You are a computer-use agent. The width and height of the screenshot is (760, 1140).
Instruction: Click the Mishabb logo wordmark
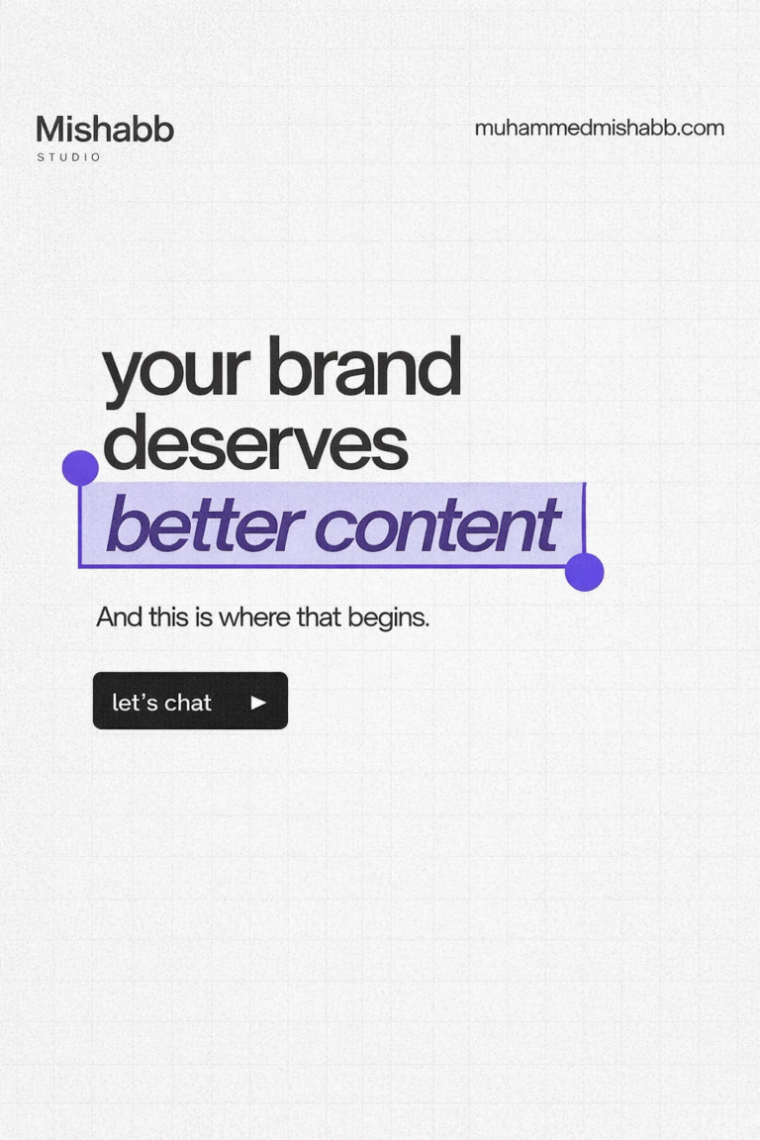[x=105, y=130]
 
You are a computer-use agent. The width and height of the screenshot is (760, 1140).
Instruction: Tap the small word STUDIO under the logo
[x=69, y=157]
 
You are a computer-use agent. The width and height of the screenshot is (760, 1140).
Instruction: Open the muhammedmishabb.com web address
[x=599, y=128]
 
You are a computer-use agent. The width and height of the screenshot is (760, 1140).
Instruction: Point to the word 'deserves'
[x=255, y=443]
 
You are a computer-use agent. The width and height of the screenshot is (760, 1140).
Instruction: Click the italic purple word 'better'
[x=204, y=524]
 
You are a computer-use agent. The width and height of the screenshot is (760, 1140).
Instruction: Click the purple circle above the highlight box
[x=80, y=468]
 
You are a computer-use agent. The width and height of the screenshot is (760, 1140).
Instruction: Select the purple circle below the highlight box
[x=584, y=572]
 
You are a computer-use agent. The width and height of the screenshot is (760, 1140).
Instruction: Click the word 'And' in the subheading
[x=119, y=617]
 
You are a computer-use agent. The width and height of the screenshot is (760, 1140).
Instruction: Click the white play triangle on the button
[x=258, y=702]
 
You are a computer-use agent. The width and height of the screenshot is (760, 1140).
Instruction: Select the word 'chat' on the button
[x=188, y=702]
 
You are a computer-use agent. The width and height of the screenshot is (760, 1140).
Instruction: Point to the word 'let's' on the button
[x=133, y=702]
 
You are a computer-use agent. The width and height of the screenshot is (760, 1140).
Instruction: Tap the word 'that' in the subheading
[x=319, y=617]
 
